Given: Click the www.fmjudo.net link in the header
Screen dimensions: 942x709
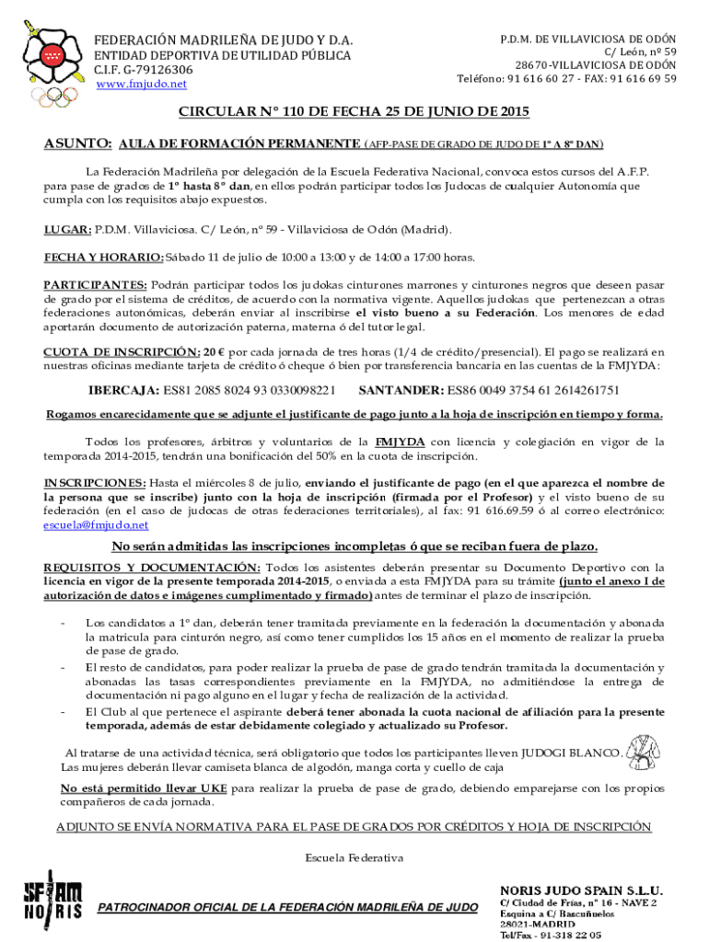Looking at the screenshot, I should [x=141, y=84].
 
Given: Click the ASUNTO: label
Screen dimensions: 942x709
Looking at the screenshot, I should [x=78, y=144].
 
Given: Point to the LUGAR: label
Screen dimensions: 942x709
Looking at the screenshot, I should [x=67, y=229].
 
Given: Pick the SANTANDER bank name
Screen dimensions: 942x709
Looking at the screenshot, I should [x=401, y=390].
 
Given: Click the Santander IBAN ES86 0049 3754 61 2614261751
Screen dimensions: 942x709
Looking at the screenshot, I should [x=533, y=390].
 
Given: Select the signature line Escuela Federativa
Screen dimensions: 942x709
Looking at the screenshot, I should [x=354, y=857].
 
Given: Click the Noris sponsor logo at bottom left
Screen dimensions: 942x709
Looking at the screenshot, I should [x=52, y=901].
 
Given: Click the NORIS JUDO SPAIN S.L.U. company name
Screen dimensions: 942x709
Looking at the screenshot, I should [x=581, y=890].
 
